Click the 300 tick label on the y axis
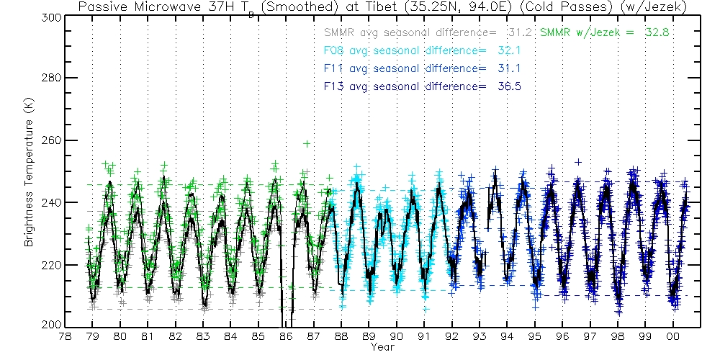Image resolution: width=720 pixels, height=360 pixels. tap(51, 17)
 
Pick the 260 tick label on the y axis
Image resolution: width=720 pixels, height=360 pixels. tap(51, 140)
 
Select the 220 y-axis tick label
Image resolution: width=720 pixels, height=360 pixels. tap(51, 265)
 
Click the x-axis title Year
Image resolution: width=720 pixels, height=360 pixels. tap(382, 347)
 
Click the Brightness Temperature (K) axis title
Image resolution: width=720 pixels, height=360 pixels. tap(30, 171)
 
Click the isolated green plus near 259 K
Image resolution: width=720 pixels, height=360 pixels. tap(307, 144)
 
